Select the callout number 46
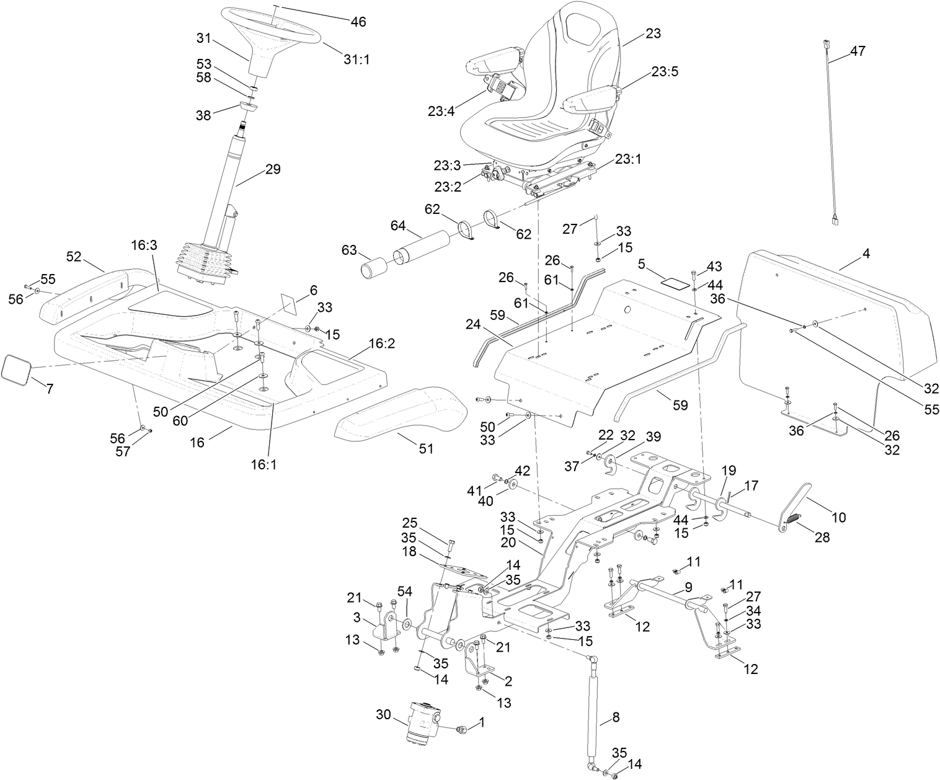(x=358, y=22)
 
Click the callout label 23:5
(x=664, y=71)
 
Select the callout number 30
(x=384, y=714)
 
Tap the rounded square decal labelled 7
(x=17, y=368)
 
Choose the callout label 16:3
(x=144, y=246)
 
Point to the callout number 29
(x=272, y=169)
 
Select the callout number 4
(x=866, y=254)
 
